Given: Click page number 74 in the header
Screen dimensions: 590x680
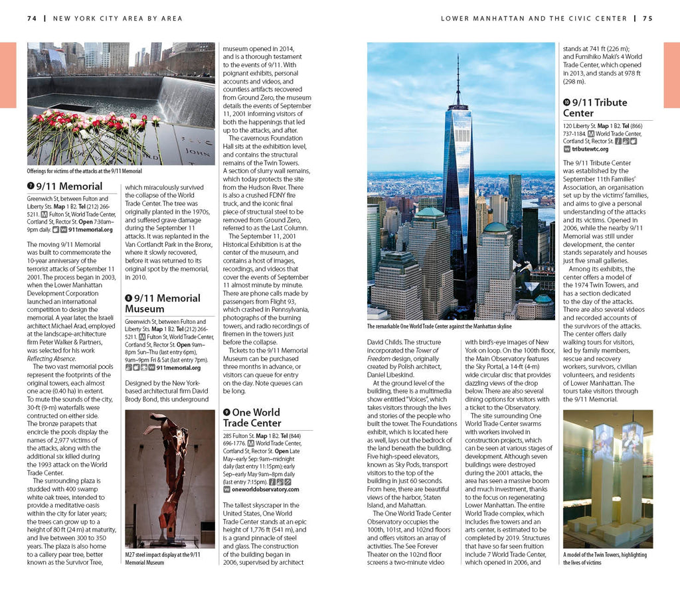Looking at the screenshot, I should pos(31,19).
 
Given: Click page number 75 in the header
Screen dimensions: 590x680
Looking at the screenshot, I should pos(647,19).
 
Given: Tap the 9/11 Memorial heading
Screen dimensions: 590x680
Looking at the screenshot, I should pos(69,186).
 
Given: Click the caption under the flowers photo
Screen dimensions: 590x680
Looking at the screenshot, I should pos(84,171).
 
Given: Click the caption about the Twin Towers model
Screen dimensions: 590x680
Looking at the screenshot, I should pos(606,558).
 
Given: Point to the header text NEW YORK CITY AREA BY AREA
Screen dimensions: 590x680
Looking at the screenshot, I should pos(118,19).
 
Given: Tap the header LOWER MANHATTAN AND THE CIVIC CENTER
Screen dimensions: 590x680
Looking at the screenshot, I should pos(534,19).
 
